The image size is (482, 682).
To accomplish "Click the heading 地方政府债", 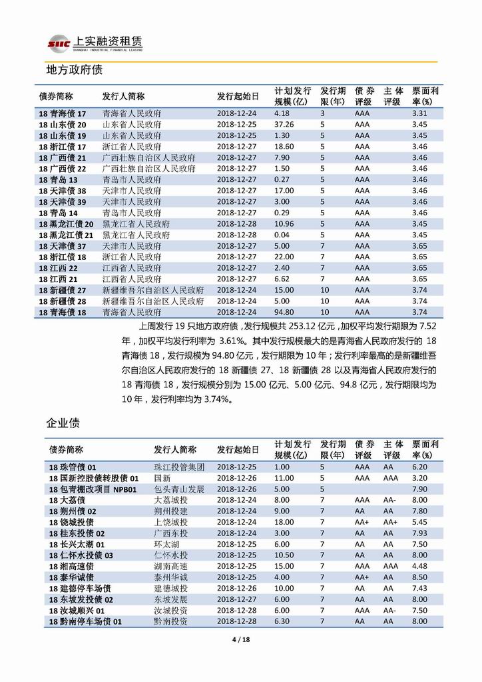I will (73, 69).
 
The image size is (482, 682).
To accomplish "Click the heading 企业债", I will (63, 423).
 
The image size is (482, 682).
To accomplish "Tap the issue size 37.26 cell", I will (284, 124).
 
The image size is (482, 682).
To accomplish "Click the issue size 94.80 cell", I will (284, 311).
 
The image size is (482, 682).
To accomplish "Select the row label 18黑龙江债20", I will (66, 224).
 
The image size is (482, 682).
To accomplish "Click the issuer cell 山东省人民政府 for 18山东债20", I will (131, 124).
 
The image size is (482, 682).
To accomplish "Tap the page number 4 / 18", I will (240, 641).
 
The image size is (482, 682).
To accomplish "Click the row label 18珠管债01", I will (73, 467).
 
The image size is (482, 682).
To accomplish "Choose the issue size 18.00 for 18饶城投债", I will (284, 522).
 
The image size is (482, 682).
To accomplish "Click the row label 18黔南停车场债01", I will (86, 621).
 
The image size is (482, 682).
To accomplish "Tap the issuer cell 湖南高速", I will (170, 565).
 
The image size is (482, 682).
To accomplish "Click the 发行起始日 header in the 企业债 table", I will (238, 450).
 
